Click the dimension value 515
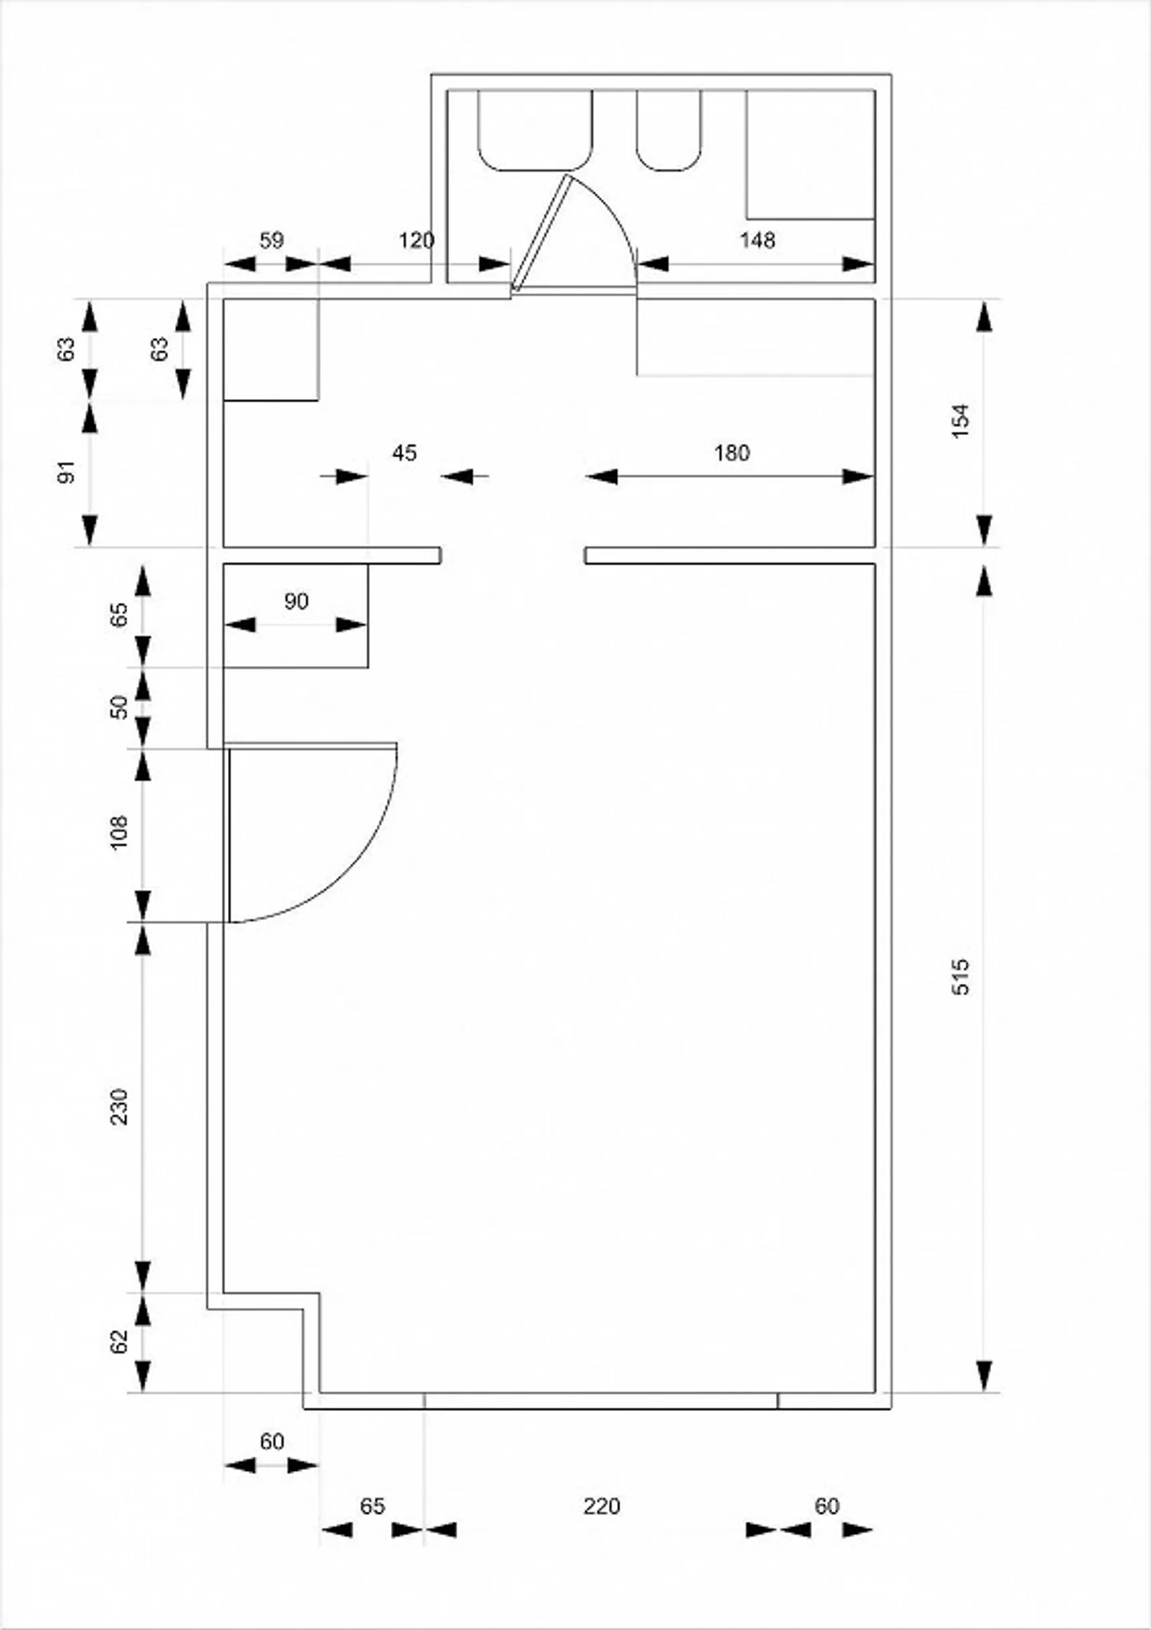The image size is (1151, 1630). [961, 976]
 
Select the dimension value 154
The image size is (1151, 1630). [961, 420]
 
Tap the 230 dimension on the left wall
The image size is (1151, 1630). [119, 1106]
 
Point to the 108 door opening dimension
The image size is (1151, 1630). [119, 832]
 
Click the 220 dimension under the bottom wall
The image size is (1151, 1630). [601, 1506]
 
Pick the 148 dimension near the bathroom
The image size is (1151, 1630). [757, 240]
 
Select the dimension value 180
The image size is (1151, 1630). [731, 453]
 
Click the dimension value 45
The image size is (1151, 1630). [404, 453]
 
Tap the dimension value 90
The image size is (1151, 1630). [296, 601]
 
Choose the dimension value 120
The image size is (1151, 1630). [416, 240]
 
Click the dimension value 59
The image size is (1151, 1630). [272, 240]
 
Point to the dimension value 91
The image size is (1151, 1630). [67, 472]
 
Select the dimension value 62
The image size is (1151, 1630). [119, 1341]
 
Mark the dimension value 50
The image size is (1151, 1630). [119, 707]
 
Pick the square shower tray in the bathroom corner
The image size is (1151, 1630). [810, 153]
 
